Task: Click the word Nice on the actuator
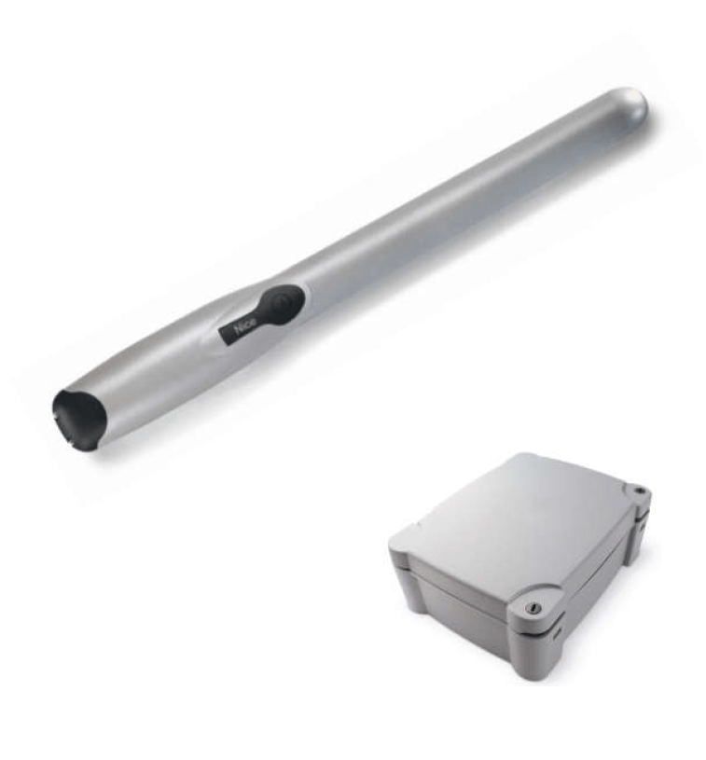[245, 328]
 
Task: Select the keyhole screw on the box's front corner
[532, 607]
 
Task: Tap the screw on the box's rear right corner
[639, 491]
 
